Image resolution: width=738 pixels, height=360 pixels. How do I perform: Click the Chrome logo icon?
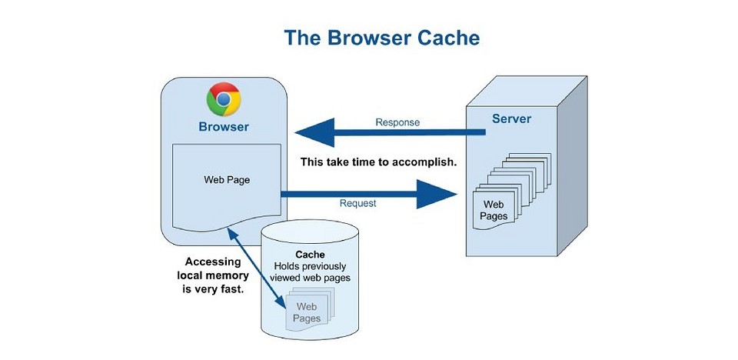coord(224,99)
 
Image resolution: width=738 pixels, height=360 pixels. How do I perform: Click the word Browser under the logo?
coord(224,127)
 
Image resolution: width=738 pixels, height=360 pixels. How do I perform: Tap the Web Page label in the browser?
coord(227,180)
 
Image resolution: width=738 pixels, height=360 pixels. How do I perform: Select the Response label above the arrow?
coord(397,122)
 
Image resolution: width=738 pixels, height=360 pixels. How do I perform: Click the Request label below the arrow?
coord(358,204)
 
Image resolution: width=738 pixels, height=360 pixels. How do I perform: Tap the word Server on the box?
coord(511,120)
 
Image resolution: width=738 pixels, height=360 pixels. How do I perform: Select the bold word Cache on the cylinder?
coord(310,254)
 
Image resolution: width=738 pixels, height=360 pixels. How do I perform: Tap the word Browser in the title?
coord(366,38)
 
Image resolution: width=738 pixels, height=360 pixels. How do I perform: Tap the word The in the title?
coord(301,38)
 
